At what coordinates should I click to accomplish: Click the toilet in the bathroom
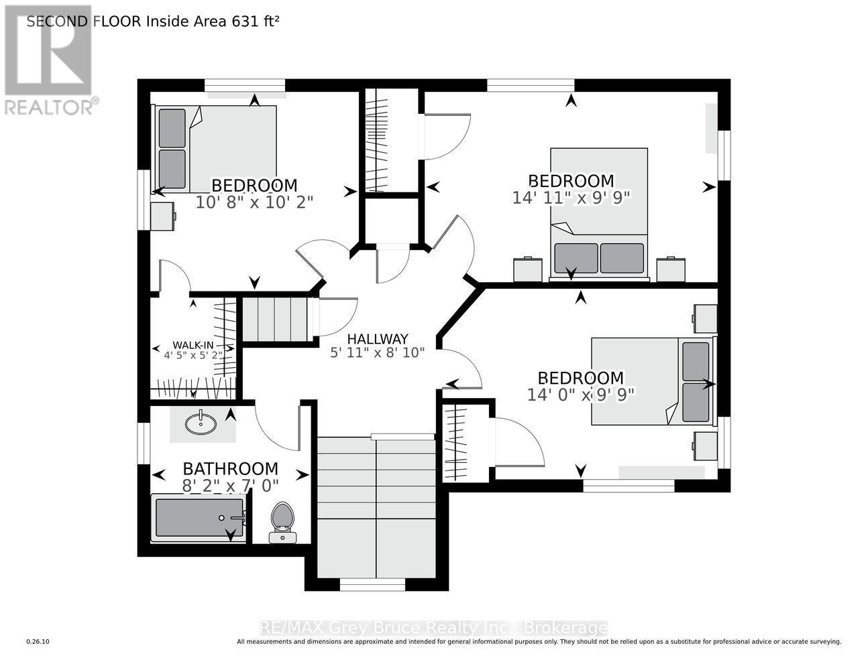282,522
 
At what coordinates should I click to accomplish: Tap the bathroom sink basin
201,423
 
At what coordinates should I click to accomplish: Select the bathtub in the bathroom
199,518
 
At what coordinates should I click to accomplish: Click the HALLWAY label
378,339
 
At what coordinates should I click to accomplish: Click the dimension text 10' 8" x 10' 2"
254,201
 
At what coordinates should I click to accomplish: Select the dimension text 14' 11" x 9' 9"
572,197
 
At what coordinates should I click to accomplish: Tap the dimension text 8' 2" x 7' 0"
230,484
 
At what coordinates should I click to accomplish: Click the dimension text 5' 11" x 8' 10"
378,352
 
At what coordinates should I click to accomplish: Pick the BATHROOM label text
230,468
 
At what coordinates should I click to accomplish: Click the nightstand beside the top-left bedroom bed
163,216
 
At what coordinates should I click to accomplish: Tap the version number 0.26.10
38,642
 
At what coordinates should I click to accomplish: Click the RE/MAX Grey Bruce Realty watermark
433,628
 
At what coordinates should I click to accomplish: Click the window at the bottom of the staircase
372,585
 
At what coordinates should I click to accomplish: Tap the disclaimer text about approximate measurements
539,642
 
